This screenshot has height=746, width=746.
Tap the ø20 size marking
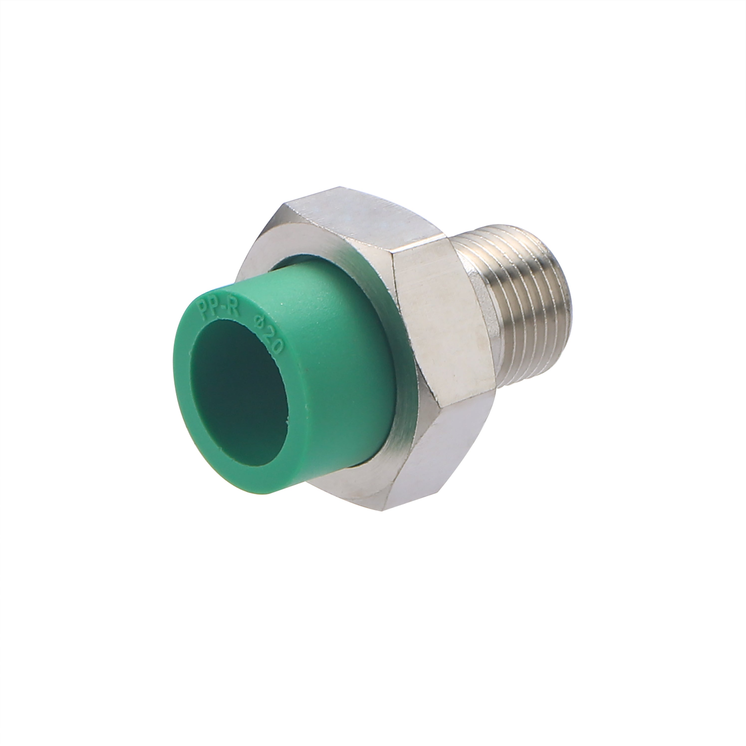(x=269, y=332)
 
